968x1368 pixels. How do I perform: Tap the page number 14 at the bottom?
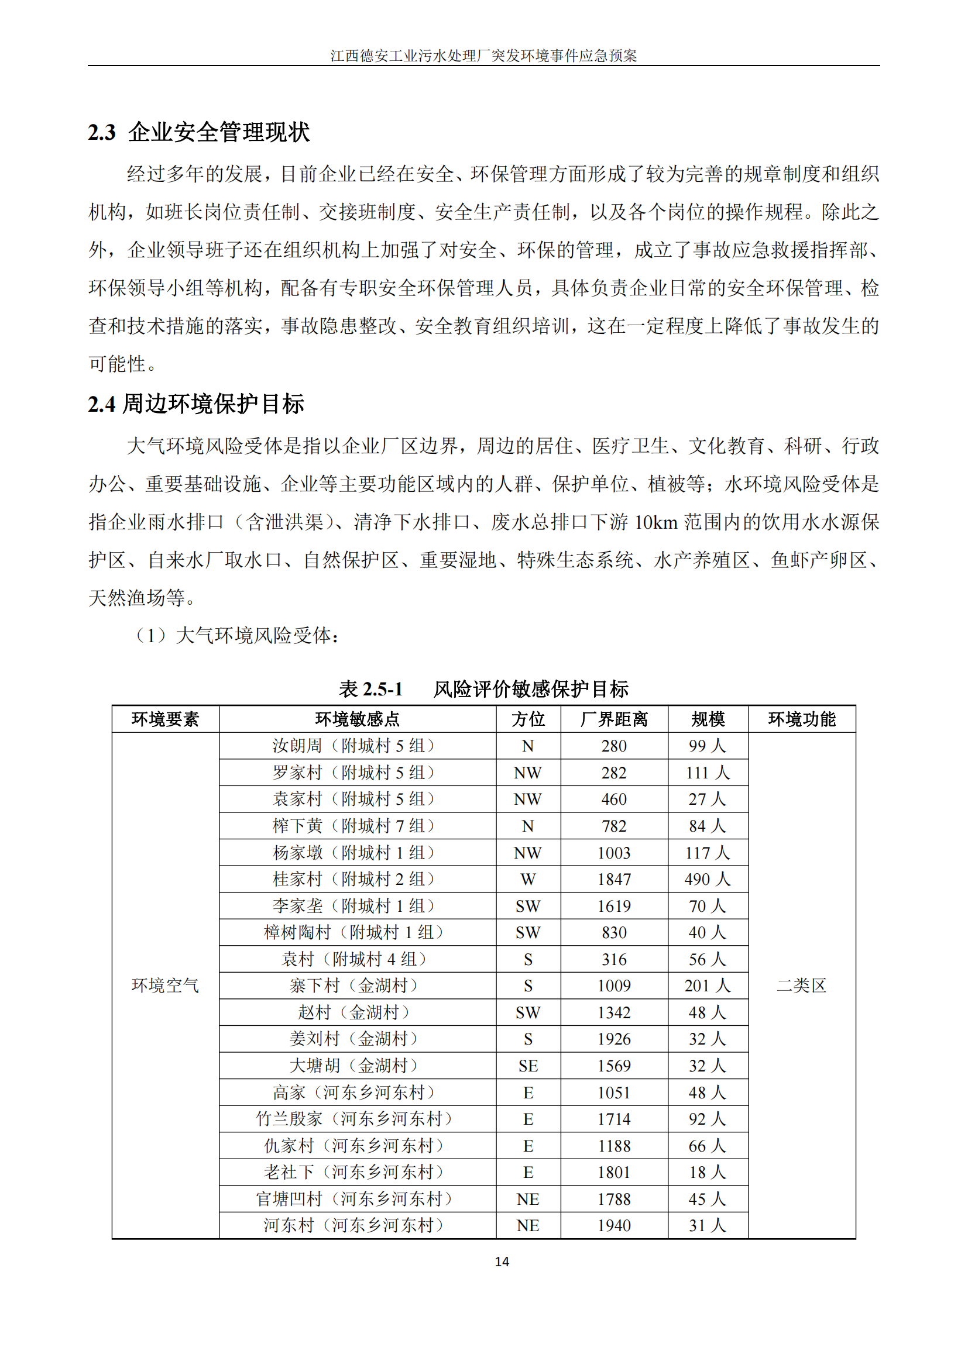tap(502, 1262)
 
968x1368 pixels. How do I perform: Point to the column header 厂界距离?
tap(613, 719)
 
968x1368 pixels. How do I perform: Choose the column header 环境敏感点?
tap(357, 719)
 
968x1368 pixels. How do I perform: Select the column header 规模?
tap(708, 719)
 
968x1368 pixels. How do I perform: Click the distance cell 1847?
tap(614, 879)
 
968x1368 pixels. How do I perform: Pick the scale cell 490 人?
tap(708, 879)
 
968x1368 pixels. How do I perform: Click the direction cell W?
tap(527, 879)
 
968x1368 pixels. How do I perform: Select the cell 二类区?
tap(801, 985)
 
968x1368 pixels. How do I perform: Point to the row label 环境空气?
tap(165, 985)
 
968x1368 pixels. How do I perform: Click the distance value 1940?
tap(614, 1225)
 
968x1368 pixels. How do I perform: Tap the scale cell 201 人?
tap(708, 985)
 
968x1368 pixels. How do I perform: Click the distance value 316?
tap(614, 959)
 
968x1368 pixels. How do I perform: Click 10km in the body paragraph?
tap(655, 522)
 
